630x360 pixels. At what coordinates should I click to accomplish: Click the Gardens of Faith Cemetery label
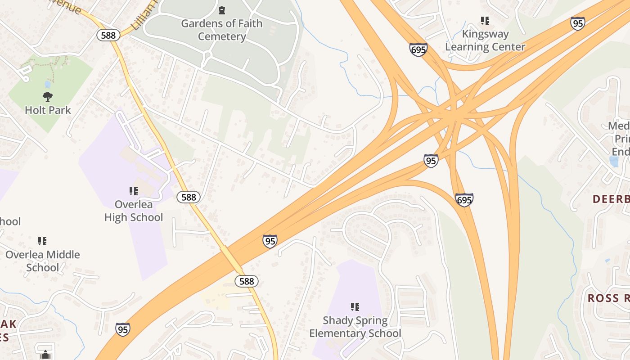tap(221, 30)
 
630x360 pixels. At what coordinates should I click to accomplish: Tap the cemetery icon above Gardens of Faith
tap(221, 10)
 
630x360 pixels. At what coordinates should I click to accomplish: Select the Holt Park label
tap(48, 110)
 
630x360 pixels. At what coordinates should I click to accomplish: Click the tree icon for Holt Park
tap(47, 96)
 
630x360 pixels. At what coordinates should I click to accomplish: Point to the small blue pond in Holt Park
tap(47, 84)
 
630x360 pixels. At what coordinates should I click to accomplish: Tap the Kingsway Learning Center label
tap(485, 40)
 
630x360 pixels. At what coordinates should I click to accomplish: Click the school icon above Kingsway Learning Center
tap(485, 20)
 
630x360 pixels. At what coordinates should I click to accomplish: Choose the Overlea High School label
tap(134, 211)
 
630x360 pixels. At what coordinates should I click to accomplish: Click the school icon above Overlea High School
tap(133, 191)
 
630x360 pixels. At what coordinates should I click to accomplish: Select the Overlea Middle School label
tap(42, 261)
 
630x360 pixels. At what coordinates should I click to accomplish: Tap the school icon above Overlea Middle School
tap(42, 241)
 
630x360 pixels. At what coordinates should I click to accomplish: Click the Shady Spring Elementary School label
tap(355, 327)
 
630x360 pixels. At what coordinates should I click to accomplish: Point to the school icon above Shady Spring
tap(355, 307)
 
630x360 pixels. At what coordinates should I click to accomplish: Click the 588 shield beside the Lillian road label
tap(108, 36)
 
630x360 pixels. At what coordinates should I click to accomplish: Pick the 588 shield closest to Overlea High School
tap(189, 197)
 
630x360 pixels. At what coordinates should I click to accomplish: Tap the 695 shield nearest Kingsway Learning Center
tap(418, 49)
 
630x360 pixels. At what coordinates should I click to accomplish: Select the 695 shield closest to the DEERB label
tap(464, 199)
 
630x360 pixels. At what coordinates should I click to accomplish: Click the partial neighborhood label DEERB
tap(611, 199)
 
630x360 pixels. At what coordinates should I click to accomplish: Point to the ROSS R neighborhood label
tap(608, 298)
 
